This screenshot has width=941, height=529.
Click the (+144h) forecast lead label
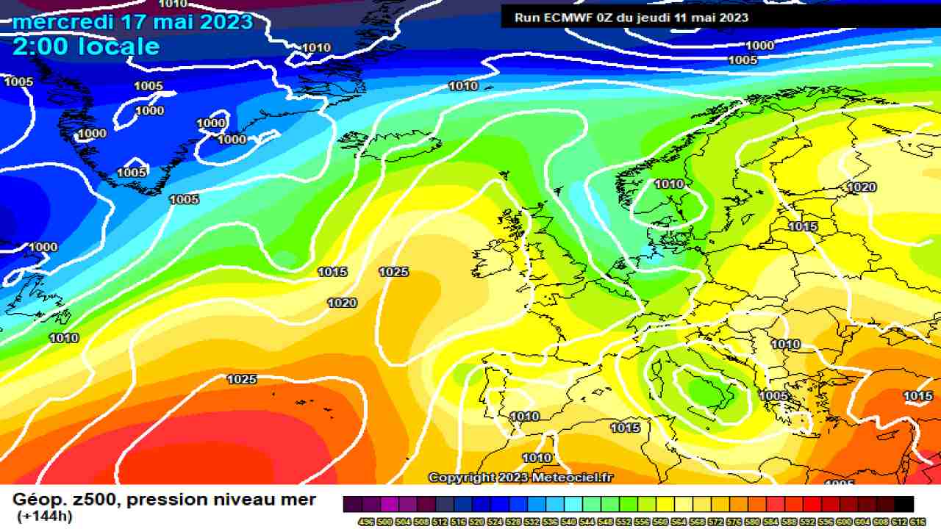pos(44,517)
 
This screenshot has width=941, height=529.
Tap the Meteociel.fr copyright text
pos(573,478)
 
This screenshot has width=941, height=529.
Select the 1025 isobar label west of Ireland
pos(393,272)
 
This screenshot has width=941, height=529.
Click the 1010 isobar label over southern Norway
pos(669,184)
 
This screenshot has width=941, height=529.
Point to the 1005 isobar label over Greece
pos(773,396)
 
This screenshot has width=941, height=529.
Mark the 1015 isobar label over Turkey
pos(917,396)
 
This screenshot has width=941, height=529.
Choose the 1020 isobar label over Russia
pos(862,187)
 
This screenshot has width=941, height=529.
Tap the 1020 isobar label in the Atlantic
pos(342,303)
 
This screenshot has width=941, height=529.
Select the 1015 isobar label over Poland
pos(803,226)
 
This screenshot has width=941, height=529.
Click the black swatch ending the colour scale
pos(904,504)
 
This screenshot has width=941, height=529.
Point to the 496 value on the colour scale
pos(365,521)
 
